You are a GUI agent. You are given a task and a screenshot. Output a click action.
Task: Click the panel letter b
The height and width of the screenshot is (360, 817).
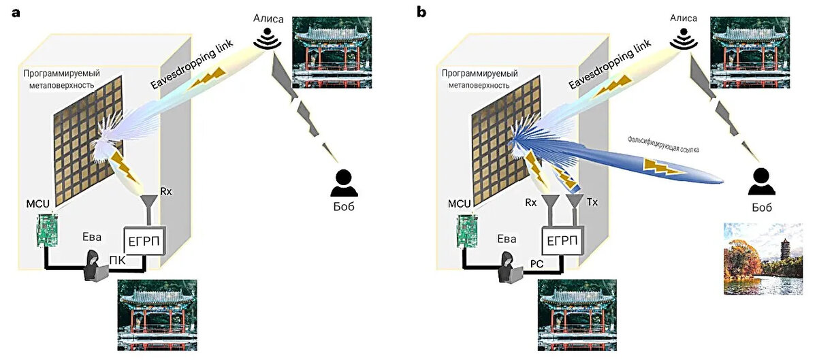click(422, 12)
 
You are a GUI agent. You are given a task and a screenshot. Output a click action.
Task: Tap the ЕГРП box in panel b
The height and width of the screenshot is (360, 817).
click(562, 240)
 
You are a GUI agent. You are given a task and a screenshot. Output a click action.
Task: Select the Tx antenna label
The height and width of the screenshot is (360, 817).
click(592, 203)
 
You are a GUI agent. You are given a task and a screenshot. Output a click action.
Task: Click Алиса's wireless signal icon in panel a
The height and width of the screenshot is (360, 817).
click(267, 40)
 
